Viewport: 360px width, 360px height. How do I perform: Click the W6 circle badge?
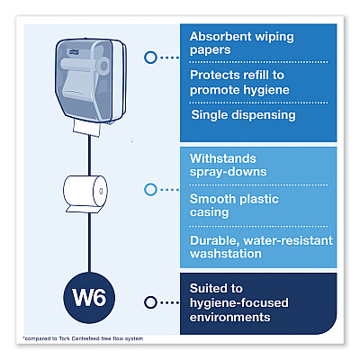pyautogui.click(x=89, y=298)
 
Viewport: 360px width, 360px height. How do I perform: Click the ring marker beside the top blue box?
pyautogui.click(x=150, y=58)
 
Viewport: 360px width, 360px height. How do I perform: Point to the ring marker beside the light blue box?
pyautogui.click(x=150, y=190)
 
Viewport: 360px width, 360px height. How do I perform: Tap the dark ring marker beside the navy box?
pyautogui.click(x=150, y=302)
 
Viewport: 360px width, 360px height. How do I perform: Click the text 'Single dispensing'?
pyautogui.click(x=243, y=115)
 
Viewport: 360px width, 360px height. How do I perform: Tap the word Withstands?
pyautogui.click(x=223, y=158)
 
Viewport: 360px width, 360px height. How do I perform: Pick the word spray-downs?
pyautogui.click(x=228, y=172)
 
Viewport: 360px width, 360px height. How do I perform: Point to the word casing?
pyautogui.click(x=209, y=212)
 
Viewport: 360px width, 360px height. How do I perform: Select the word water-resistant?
pyautogui.click(x=288, y=240)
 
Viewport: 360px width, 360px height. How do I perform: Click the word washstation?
pyautogui.click(x=226, y=254)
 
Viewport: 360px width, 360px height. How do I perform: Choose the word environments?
pyautogui.click(x=229, y=317)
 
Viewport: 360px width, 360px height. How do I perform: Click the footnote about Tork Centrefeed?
pyautogui.click(x=84, y=338)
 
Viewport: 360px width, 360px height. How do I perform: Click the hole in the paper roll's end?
pyautogui.click(x=101, y=191)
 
